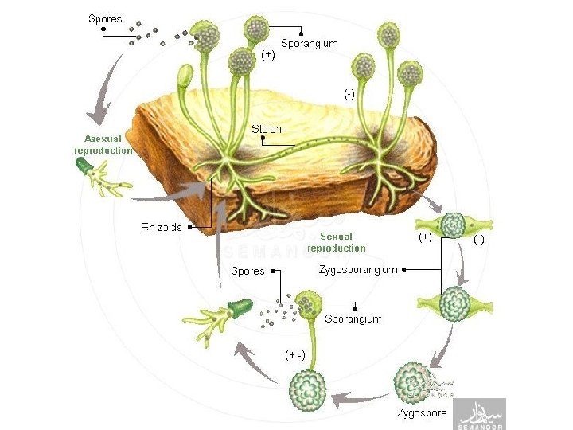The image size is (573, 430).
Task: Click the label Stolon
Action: pyautogui.click(x=266, y=128)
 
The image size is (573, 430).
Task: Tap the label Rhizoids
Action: pyautogui.click(x=162, y=227)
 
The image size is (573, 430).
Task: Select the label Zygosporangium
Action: pyautogui.click(x=358, y=271)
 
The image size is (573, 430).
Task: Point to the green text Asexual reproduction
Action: pyautogui.click(x=103, y=143)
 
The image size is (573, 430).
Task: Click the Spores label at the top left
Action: pyautogui.click(x=105, y=17)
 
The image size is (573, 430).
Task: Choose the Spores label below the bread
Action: pyautogui.click(x=248, y=271)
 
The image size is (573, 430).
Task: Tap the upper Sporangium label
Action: pyautogui.click(x=309, y=45)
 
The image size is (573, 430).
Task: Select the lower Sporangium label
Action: pyautogui.click(x=353, y=319)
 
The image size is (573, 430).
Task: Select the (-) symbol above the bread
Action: pyautogui.click(x=349, y=93)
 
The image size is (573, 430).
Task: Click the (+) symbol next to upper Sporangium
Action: pyautogui.click(x=268, y=55)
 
